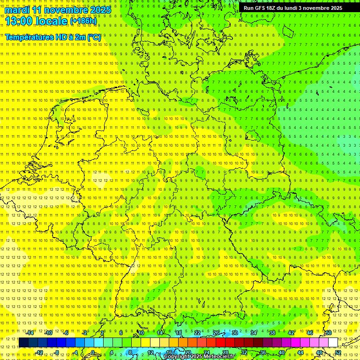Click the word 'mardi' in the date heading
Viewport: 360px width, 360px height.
(x=17, y=10)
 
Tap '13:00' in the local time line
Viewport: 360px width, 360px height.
(x=18, y=21)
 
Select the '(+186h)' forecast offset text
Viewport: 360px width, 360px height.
(x=83, y=22)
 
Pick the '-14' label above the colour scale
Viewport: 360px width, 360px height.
(x=30, y=333)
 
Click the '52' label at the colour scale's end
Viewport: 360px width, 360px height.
(x=338, y=352)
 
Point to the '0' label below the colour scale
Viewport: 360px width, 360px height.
(x=93, y=352)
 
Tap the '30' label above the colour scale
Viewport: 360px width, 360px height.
(x=234, y=333)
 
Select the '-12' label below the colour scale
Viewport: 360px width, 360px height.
(x=39, y=352)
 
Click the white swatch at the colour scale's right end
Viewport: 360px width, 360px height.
(x=333, y=343)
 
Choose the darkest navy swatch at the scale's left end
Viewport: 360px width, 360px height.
(x=23, y=343)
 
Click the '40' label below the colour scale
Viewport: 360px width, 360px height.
(x=282, y=352)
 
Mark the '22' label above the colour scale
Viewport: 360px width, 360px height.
(x=197, y=333)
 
